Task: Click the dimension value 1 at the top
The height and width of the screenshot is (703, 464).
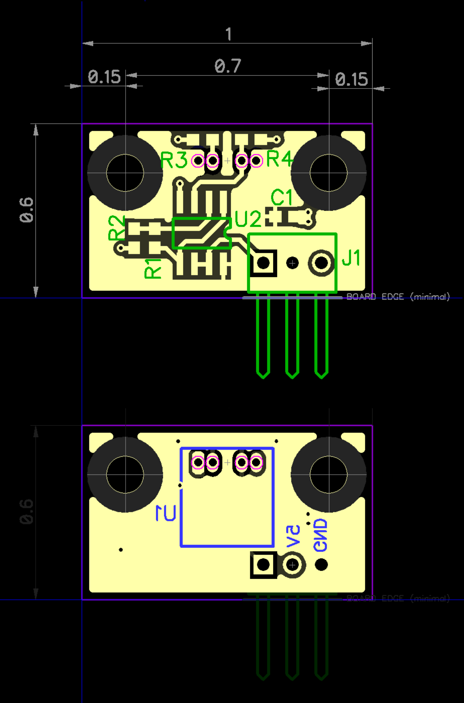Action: point(228,34)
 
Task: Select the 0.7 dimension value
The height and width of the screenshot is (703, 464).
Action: point(227,66)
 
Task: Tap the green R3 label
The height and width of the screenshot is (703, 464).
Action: point(174,160)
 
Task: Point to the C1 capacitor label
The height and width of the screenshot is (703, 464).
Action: point(281,197)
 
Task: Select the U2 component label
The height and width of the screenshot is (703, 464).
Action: point(248,219)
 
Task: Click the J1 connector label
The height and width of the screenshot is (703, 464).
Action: point(351,258)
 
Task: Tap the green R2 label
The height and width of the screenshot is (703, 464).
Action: point(116,228)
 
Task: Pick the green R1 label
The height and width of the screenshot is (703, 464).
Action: point(153,269)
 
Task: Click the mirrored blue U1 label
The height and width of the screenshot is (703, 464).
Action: point(166,513)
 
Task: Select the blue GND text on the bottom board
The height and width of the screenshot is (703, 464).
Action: point(320,535)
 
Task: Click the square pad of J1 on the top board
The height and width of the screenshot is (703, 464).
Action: point(263,263)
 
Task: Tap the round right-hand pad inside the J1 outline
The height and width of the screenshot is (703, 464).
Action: point(321,263)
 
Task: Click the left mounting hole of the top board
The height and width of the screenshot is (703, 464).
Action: point(125,173)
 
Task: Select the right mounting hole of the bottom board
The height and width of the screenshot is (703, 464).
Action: point(329,475)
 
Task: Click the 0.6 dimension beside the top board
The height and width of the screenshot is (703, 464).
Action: point(26,210)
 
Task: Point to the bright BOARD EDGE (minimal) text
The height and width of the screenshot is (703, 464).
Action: point(398,297)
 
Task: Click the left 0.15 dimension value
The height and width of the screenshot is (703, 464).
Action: point(104,77)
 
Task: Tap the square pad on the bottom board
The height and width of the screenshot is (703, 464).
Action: point(263,565)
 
